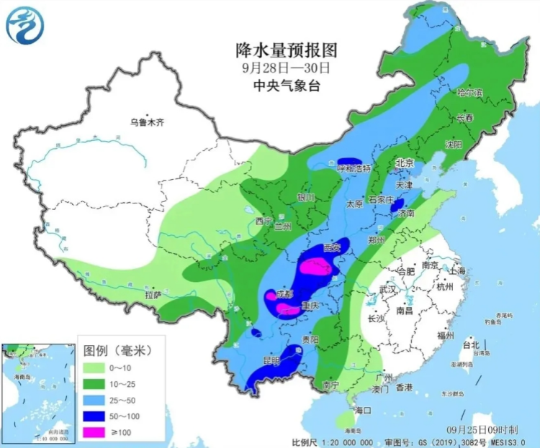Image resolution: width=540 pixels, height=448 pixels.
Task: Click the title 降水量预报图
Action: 286,50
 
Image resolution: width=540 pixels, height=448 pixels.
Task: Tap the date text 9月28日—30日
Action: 286,68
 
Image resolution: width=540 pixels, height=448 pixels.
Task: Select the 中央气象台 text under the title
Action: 286,85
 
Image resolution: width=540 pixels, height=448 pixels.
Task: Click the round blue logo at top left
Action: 24,24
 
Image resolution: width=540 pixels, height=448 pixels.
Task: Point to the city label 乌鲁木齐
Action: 147,122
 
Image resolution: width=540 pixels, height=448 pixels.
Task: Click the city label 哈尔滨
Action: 469,93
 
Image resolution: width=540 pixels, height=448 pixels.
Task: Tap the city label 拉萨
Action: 153,294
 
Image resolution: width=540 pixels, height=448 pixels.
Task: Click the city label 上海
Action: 456,270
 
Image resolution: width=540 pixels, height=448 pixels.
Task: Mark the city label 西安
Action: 332,247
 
